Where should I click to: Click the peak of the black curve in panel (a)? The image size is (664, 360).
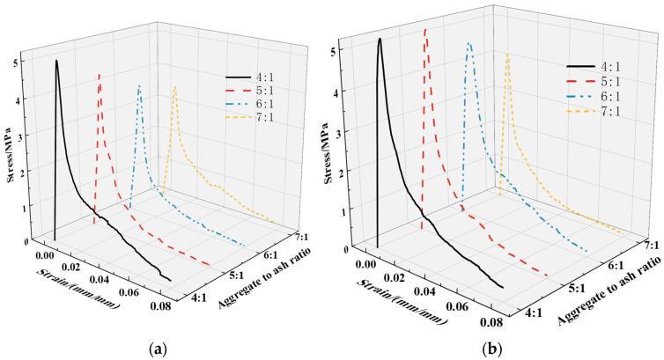point(56,61)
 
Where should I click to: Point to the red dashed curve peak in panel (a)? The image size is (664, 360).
point(99,75)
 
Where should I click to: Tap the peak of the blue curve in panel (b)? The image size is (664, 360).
point(469,42)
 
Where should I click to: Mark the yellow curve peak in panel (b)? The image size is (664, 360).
point(507,54)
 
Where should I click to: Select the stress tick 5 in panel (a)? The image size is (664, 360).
point(26,63)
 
